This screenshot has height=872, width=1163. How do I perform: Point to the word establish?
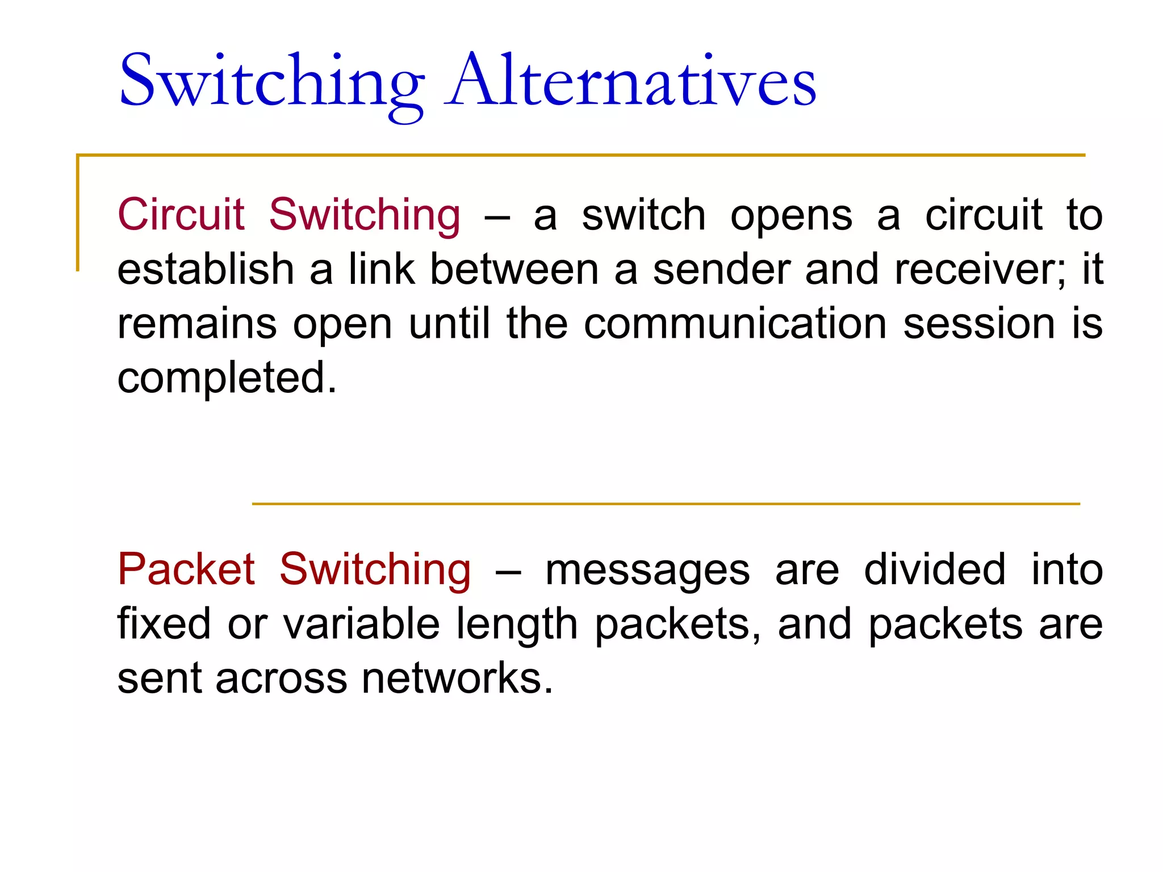click(205, 269)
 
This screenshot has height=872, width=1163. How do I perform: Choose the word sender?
click(721, 270)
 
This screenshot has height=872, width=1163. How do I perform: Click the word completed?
click(227, 379)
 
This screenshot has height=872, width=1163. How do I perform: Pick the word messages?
click(647, 571)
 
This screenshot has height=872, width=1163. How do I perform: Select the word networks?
click(457, 678)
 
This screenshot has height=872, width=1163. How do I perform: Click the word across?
click(281, 679)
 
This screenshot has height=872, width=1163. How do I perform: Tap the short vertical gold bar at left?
click(78, 213)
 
